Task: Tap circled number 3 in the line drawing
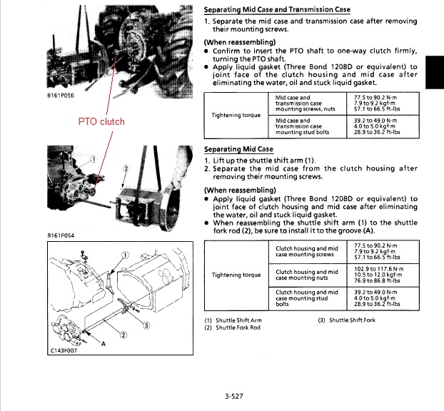146,327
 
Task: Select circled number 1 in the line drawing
125,255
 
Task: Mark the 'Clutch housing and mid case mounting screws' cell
306,251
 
